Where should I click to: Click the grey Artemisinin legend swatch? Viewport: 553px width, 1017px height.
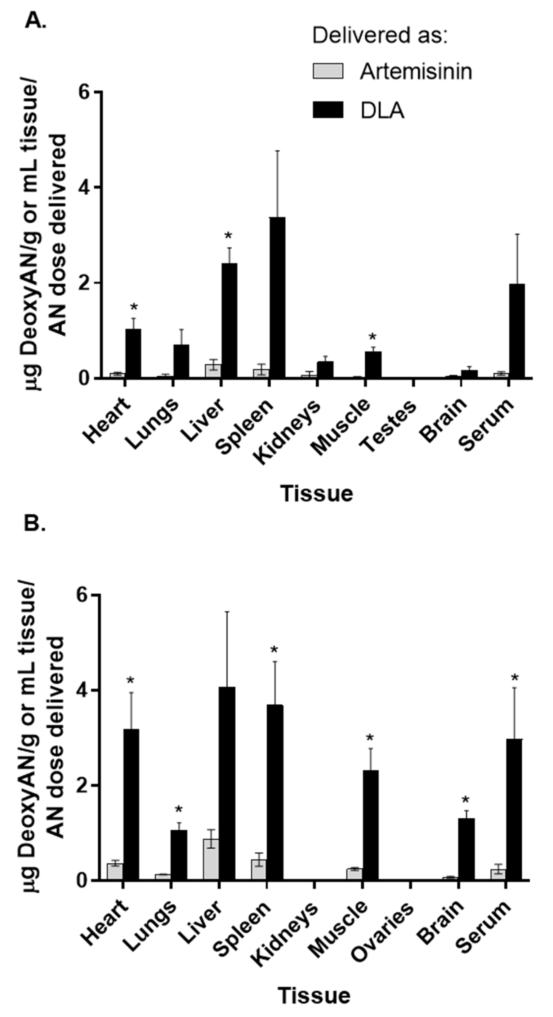pyautogui.click(x=328, y=71)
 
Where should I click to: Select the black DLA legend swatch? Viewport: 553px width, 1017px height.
pyautogui.click(x=328, y=110)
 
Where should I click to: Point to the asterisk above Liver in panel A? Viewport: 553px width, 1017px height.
pyautogui.click(x=228, y=236)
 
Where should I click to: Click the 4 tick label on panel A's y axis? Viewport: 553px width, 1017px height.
pyautogui.click(x=84, y=188)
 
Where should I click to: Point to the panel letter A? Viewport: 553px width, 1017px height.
pyautogui.click(x=35, y=21)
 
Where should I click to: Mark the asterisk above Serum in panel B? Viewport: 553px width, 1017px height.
pyautogui.click(x=515, y=678)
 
